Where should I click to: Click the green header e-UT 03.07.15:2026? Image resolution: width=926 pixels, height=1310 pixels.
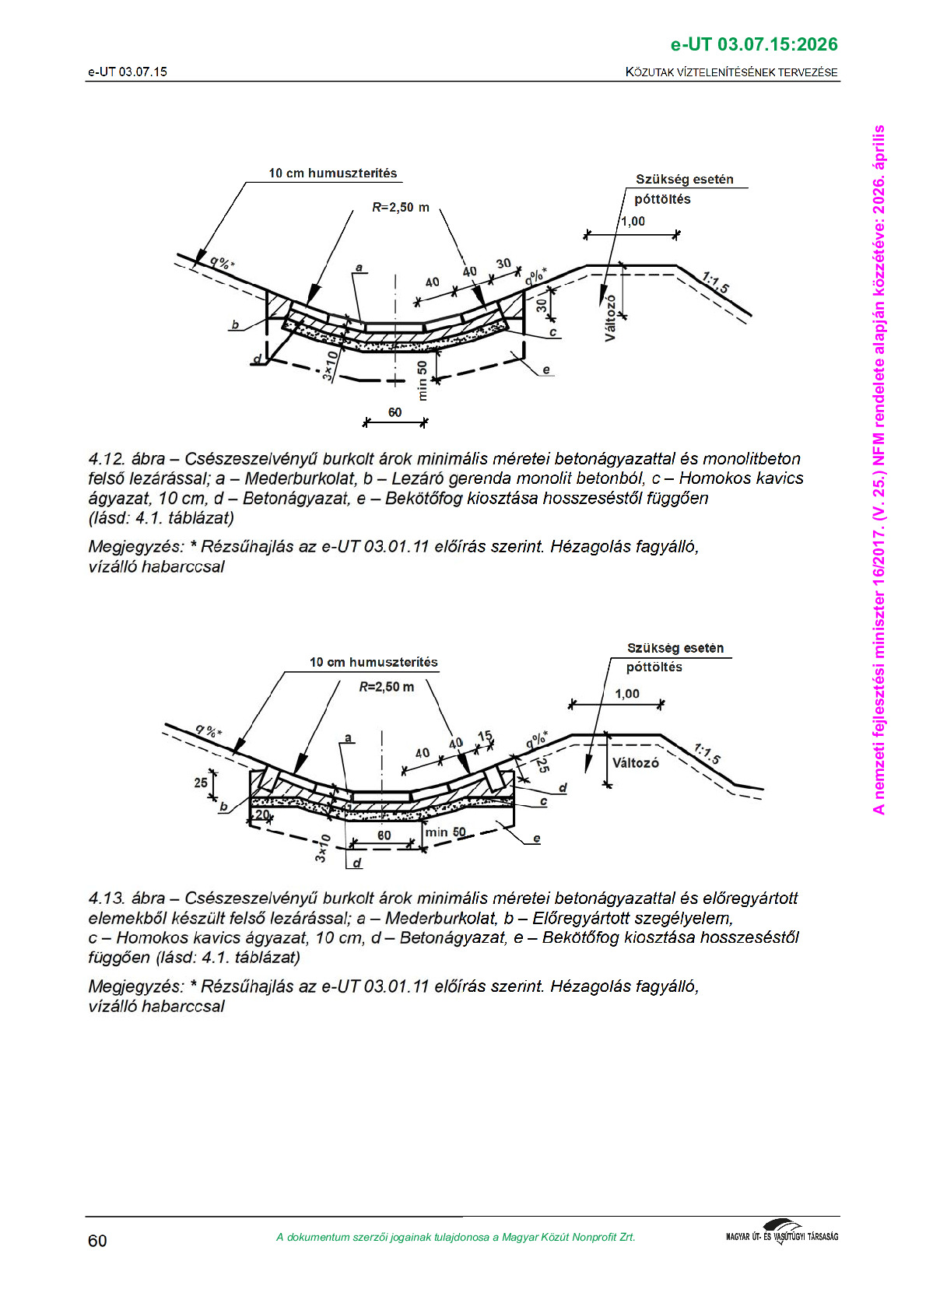(754, 44)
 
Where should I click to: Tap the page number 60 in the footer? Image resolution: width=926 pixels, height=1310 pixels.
(97, 1241)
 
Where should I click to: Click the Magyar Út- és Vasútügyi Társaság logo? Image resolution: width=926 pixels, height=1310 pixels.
(781, 1234)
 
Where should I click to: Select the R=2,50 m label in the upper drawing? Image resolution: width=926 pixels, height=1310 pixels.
(401, 208)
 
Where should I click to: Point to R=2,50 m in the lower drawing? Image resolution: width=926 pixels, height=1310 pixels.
(386, 687)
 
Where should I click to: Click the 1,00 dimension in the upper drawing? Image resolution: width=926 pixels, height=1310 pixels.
(633, 221)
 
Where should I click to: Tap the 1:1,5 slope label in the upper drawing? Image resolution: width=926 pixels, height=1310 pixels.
(715, 282)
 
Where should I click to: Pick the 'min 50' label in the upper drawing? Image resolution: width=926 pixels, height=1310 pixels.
(423, 380)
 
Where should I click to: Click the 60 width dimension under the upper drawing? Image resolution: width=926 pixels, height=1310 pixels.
(395, 412)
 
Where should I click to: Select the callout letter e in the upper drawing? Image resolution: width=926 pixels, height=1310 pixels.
(546, 370)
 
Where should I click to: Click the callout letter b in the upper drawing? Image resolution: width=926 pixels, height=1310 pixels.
(235, 325)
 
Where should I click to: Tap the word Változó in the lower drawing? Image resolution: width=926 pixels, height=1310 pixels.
(635, 762)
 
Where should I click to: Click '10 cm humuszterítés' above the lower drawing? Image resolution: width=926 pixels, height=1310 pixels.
(374, 662)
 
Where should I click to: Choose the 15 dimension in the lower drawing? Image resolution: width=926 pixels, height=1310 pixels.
(485, 736)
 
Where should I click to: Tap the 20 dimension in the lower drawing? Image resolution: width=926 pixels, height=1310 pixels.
(262, 814)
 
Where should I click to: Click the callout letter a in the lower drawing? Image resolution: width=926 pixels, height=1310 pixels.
(348, 737)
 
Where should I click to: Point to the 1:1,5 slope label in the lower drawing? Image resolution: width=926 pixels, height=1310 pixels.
(707, 753)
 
